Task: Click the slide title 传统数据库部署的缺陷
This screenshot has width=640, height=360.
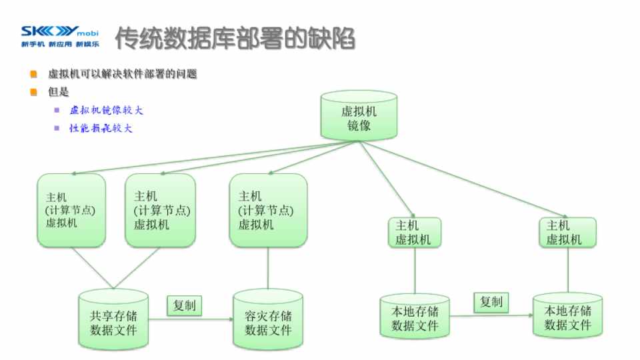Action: click(x=235, y=39)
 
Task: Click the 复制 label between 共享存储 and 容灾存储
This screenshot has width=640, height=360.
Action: click(x=185, y=305)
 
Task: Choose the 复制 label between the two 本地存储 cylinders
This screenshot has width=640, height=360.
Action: click(x=491, y=302)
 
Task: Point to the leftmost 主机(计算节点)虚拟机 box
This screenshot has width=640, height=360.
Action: click(x=71, y=209)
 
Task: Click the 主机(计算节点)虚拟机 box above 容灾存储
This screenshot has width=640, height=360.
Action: click(x=267, y=209)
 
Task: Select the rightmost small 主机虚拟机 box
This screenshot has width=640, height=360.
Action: click(x=567, y=232)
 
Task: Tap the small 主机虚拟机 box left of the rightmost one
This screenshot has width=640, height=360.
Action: click(x=414, y=232)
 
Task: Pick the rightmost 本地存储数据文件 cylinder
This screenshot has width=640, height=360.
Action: click(x=568, y=317)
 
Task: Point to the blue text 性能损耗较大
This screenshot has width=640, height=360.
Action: click(x=101, y=128)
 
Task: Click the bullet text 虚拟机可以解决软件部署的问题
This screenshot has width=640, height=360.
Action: click(x=123, y=73)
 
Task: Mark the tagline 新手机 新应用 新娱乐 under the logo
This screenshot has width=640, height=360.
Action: click(x=59, y=45)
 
